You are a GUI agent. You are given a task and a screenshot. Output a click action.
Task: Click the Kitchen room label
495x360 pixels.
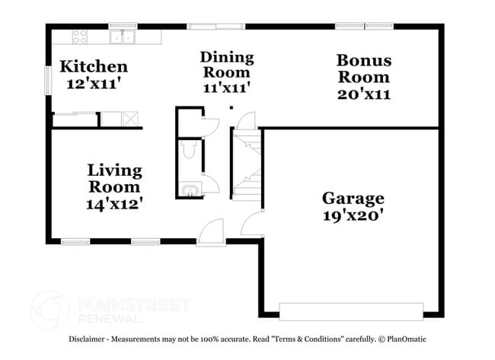coord(94,66)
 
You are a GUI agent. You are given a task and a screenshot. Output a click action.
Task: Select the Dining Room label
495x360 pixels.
coord(226,65)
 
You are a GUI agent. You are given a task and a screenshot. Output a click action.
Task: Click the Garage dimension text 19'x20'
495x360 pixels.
coord(352,215)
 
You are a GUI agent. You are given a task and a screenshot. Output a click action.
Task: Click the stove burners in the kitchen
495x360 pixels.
coord(80,35)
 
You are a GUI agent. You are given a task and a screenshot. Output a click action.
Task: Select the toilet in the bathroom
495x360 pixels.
coord(190,150)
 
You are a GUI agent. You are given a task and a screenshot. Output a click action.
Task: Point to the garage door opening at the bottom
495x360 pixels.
coord(351,311)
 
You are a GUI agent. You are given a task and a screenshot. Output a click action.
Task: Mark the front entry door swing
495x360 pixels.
coord(212,228)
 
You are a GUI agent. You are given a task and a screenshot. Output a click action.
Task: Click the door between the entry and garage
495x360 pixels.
coord(251,225)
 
